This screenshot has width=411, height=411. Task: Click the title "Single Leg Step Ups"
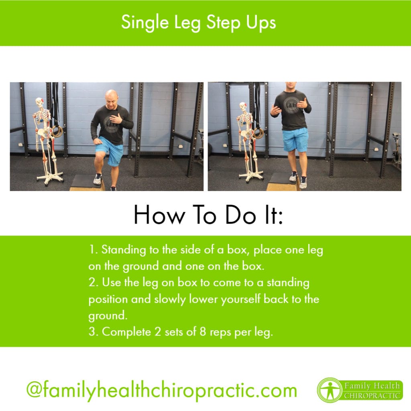(x=198, y=23)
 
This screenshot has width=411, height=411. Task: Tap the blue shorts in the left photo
(x=110, y=151)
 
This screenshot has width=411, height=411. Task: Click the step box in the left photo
(x=87, y=183)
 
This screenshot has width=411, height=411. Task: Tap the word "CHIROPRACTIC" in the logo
(x=372, y=395)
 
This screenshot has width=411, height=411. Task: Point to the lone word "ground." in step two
(x=108, y=316)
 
